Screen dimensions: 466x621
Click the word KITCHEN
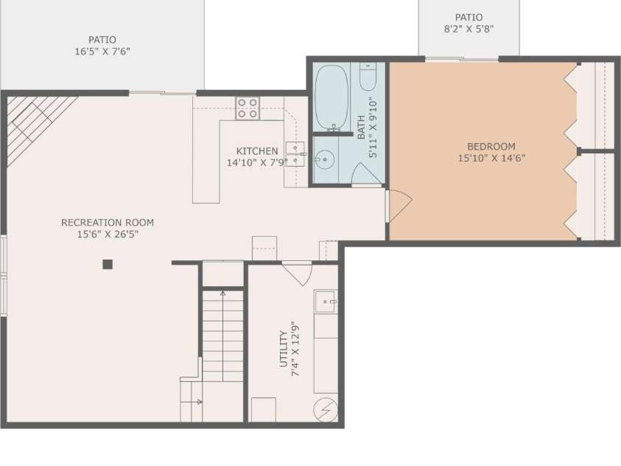tap(257, 151)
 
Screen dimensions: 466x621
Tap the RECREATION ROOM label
tap(108, 223)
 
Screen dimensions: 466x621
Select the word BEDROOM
tap(491, 147)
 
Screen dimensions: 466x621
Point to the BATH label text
tap(362, 128)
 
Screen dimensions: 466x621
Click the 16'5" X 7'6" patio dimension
tap(102, 52)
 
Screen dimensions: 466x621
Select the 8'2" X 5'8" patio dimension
tap(469, 29)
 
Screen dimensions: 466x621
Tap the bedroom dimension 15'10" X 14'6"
tap(491, 158)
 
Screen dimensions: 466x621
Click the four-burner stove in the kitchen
tap(248, 108)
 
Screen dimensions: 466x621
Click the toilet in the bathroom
tap(368, 77)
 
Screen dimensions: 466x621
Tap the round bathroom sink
tap(324, 159)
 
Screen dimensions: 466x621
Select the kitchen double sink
tap(296, 153)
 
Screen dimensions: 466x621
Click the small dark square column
tap(108, 264)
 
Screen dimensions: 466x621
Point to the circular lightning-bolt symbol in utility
tap(326, 410)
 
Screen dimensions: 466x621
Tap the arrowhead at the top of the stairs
tap(222, 294)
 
